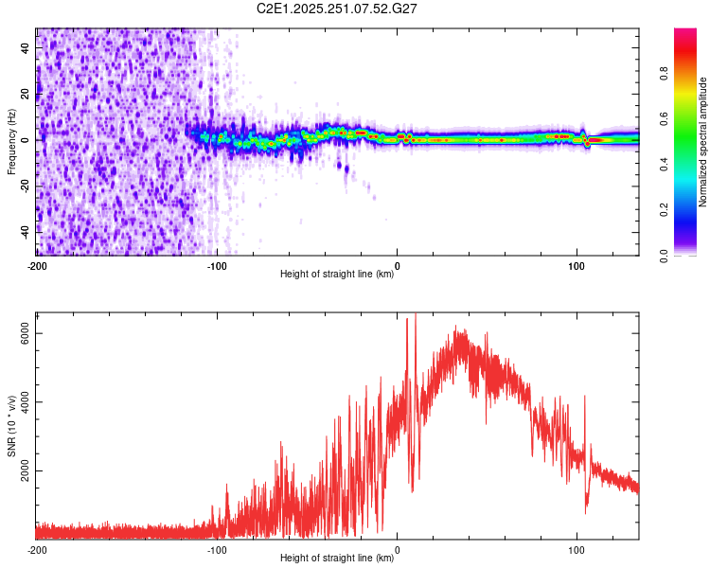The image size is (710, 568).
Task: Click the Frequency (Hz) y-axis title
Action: (x=11, y=142)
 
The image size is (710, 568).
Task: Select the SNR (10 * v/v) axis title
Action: (x=11, y=425)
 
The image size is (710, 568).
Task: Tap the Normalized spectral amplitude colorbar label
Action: (x=702, y=142)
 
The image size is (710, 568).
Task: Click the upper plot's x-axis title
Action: (x=337, y=275)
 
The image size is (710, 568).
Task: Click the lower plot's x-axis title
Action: (x=337, y=559)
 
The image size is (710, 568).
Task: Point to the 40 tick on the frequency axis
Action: (x=26, y=46)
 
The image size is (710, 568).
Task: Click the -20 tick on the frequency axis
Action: (x=26, y=186)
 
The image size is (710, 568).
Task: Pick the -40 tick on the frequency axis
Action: (x=26, y=231)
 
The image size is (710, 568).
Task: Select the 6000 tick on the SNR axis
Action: (x=27, y=333)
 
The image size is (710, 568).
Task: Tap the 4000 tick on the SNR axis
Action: (x=27, y=402)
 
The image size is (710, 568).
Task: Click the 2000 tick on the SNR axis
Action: (x=27, y=471)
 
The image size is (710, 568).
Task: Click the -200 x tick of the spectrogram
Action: (x=37, y=264)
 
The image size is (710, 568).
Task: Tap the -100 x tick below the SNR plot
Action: (x=217, y=549)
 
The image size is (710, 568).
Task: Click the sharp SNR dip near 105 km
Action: (x=586, y=511)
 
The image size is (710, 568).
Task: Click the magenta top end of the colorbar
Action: (x=684, y=33)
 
